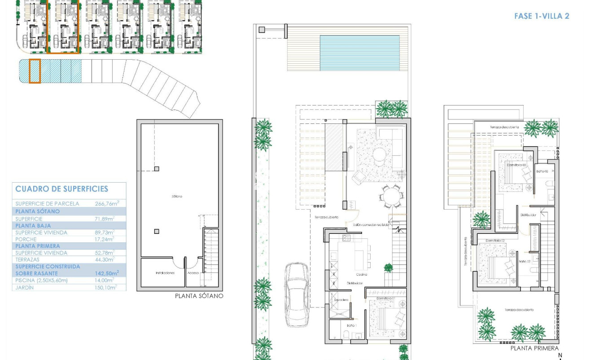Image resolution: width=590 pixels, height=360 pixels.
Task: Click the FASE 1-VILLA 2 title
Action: (541, 16)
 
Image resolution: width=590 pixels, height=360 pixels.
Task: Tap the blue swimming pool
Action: (359, 53)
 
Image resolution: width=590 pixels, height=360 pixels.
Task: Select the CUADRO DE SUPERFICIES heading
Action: (61, 189)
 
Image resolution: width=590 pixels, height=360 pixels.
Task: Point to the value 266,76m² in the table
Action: (105, 203)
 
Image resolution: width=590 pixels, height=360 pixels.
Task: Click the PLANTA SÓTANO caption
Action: (198, 296)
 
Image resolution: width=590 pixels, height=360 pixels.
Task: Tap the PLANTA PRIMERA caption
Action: (534, 348)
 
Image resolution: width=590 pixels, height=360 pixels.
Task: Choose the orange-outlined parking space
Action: (35, 71)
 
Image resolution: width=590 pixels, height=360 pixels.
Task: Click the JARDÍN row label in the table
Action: (25, 287)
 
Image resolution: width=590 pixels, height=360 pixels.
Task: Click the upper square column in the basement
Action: (157, 169)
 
